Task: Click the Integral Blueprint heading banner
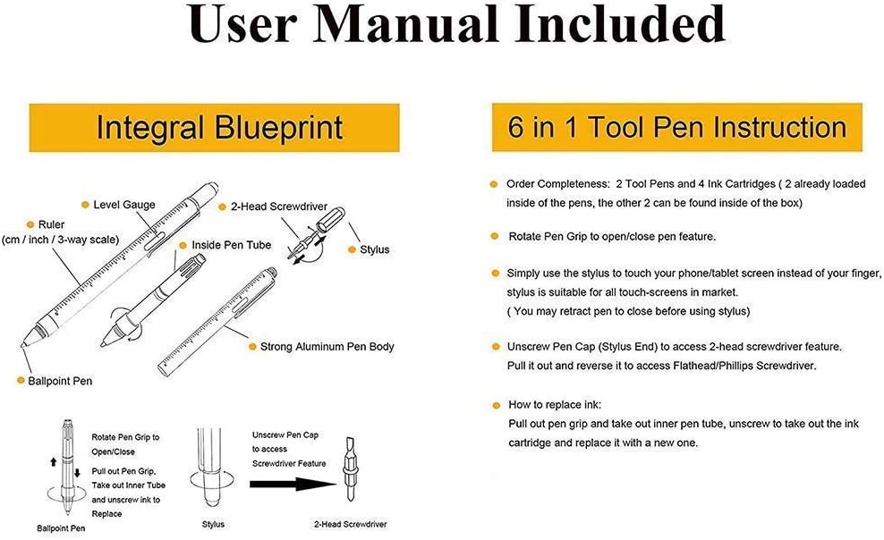click(x=218, y=127)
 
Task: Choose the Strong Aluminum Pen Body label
click(x=327, y=346)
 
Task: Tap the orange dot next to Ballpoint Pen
click(x=20, y=381)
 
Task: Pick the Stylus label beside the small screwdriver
click(x=374, y=249)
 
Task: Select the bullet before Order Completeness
click(x=493, y=184)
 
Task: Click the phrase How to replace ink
click(x=548, y=404)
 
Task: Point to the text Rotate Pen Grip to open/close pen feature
click(x=599, y=236)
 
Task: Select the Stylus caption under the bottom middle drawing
click(x=212, y=524)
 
